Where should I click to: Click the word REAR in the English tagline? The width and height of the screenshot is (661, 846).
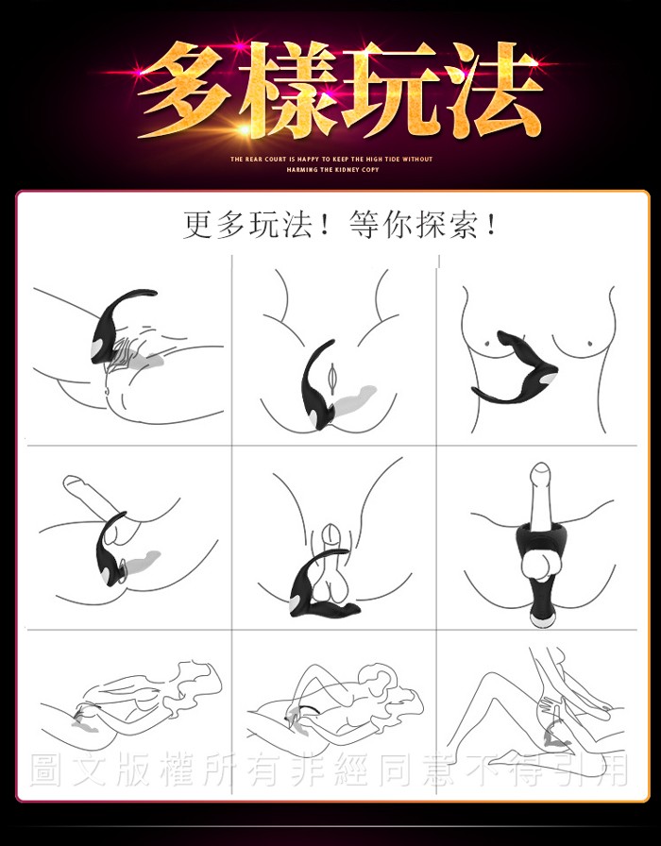pyautogui.click(x=256, y=160)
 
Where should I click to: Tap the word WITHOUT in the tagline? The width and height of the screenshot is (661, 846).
pyautogui.click(x=417, y=160)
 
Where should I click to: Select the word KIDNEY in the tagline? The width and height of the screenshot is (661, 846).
pyautogui.click(x=347, y=170)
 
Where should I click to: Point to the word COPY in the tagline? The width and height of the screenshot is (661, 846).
pyautogui.click(x=370, y=170)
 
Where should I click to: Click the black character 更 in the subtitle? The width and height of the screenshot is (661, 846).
pyautogui.click(x=199, y=225)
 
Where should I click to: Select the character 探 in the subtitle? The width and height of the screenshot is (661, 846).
pyautogui.click(x=432, y=225)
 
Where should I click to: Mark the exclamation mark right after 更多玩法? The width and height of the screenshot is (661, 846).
pyautogui.click(x=324, y=225)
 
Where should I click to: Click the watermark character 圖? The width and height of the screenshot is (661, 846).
pyautogui.click(x=46, y=770)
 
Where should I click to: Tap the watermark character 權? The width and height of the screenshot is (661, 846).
pyautogui.click(x=177, y=770)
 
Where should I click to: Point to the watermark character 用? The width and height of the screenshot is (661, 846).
pyautogui.click(x=613, y=770)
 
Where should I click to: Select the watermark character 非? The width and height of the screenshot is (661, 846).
pyautogui.click(x=307, y=770)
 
